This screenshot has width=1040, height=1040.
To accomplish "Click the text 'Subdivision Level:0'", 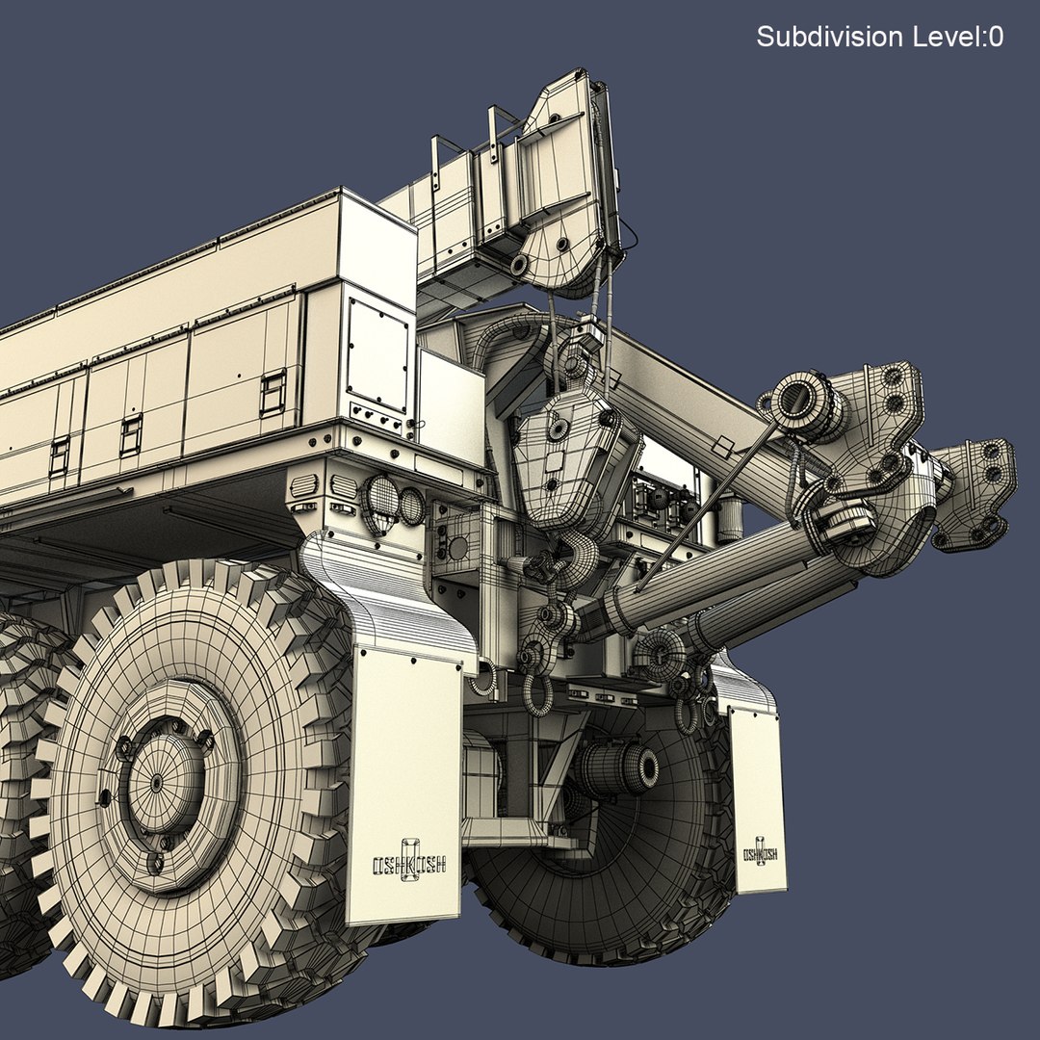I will [879, 38].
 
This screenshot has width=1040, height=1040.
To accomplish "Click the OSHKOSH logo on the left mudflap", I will [409, 865].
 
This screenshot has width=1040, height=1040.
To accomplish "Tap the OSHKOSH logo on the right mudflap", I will [760, 852].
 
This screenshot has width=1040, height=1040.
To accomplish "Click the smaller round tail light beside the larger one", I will [411, 506].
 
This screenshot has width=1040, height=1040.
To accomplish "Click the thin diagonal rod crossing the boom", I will [703, 506].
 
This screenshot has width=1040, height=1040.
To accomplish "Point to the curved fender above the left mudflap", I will [385, 597].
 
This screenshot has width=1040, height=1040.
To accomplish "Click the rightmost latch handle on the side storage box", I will [273, 393].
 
